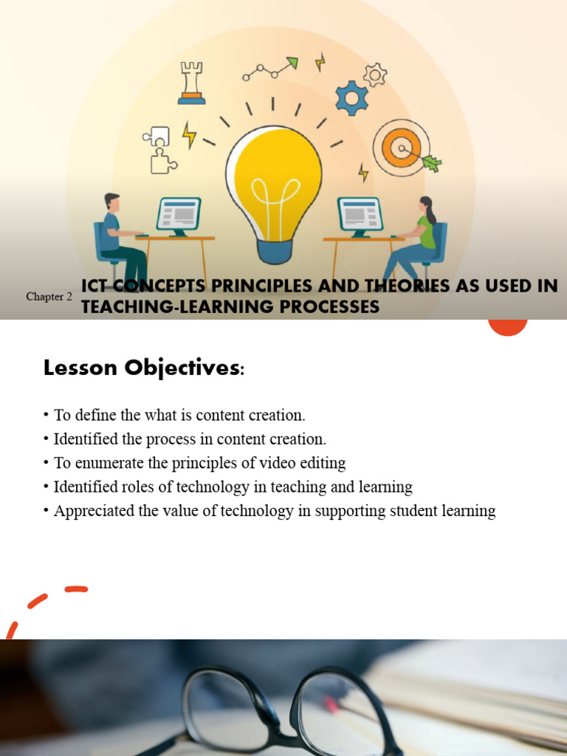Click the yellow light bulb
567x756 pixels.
[273, 177]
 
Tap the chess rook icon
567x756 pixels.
[191, 83]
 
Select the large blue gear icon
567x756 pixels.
[351, 97]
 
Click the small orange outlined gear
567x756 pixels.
[376, 74]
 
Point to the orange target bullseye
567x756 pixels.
[401, 148]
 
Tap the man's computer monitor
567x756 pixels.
[178, 214]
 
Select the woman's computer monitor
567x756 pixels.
[360, 214]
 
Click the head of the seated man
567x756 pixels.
[111, 202]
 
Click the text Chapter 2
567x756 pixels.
[49, 297]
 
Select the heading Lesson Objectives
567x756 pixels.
[143, 368]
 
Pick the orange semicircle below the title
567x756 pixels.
[508, 327]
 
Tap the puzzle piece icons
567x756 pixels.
[159, 149]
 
